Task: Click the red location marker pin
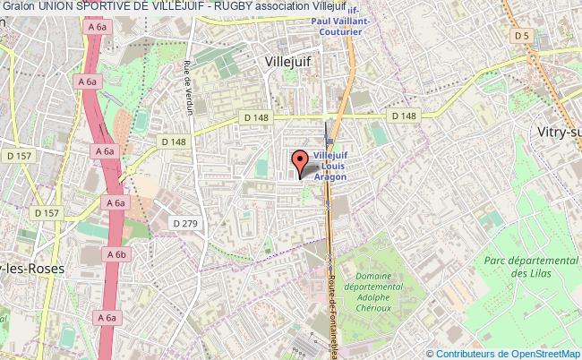click(x=299, y=162)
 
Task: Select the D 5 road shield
click(x=522, y=35)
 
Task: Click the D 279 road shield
click(x=185, y=223)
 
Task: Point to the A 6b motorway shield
click(x=116, y=254)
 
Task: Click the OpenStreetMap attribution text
click(x=508, y=354)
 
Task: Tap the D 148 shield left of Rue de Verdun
click(x=174, y=141)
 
